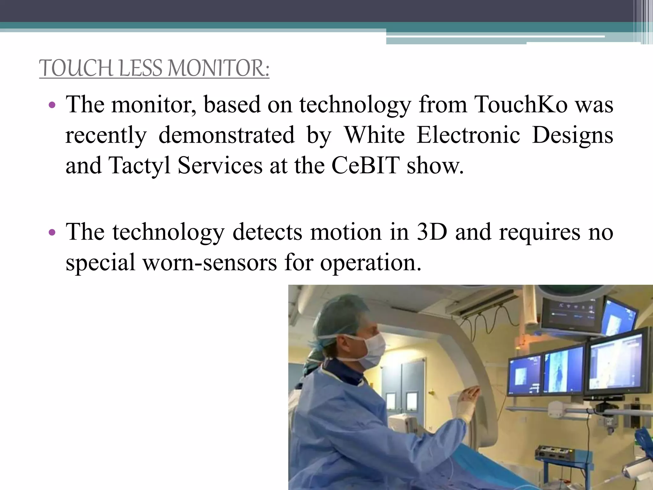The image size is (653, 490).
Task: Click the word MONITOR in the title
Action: [x=219, y=68]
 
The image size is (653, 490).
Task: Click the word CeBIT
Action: [x=365, y=166]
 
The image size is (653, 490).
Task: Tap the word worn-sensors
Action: [x=209, y=263]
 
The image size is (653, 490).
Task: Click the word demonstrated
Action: [x=226, y=135]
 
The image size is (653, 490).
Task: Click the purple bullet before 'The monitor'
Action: [x=53, y=105]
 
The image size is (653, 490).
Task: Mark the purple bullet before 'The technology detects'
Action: [x=53, y=233]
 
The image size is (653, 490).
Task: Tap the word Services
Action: [x=220, y=166]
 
